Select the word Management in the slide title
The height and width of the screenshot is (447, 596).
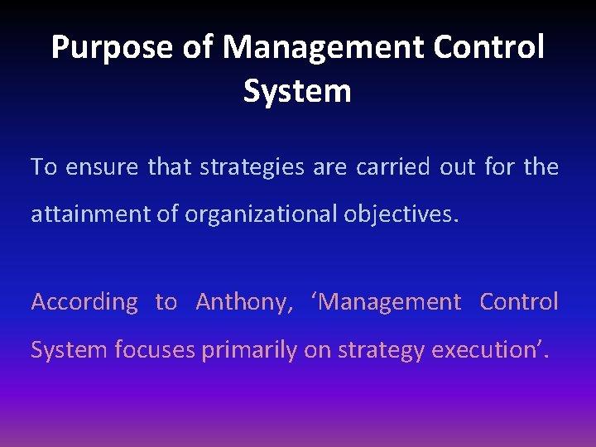324,48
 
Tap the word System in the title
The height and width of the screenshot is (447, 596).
297,91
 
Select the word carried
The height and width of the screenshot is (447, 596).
393,167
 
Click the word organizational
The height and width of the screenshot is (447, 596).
259,215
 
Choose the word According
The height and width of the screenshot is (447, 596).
84,302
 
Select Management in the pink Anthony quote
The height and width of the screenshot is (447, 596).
387,302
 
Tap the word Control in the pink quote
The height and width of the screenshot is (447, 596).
519,302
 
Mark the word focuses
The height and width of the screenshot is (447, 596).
155,350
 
